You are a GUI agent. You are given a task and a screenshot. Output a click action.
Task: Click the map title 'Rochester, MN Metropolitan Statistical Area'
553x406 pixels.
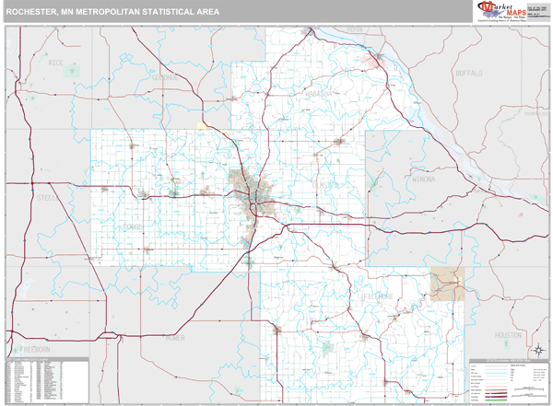click(x=114, y=13)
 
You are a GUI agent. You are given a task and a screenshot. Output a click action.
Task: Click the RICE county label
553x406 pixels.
click(x=56, y=63)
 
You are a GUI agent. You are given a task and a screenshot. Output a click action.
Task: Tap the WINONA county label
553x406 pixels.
click(x=423, y=179)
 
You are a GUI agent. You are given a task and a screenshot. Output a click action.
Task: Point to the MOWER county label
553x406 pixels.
click(x=175, y=338)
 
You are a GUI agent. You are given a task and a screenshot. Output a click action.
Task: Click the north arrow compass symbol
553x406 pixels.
click(x=535, y=348)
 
